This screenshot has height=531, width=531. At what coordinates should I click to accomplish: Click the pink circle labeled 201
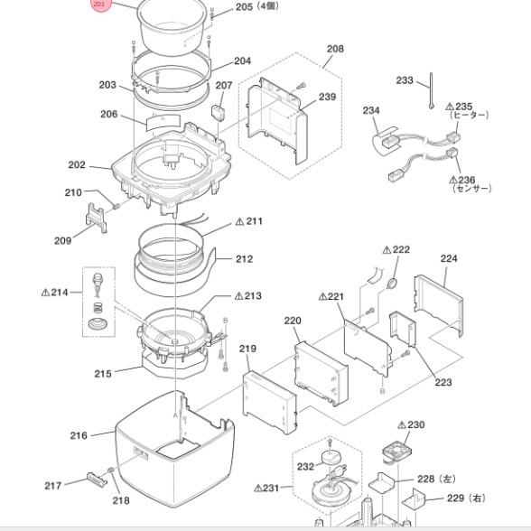click(x=100, y=5)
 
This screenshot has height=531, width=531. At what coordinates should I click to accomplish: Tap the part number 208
click(x=335, y=49)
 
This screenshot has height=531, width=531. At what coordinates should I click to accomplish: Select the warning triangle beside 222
click(x=387, y=250)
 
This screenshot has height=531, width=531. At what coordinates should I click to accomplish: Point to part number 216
click(x=79, y=435)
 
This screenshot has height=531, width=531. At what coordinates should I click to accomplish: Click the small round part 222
click(x=392, y=284)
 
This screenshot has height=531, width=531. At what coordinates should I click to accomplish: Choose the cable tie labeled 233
click(x=432, y=90)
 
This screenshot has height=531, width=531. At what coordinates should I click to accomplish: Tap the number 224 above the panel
click(x=449, y=258)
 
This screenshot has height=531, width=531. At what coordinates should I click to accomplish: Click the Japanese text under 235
click(x=469, y=116)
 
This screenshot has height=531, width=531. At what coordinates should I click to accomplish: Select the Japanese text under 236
click(x=471, y=188)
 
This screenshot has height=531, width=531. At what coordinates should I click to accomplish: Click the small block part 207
click(x=217, y=113)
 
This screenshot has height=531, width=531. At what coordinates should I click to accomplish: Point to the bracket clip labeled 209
click(x=97, y=218)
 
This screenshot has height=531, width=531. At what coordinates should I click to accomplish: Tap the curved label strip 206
click(x=163, y=123)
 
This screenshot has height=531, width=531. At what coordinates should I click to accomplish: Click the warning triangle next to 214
click(x=45, y=293)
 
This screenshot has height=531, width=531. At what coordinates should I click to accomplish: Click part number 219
click(x=247, y=349)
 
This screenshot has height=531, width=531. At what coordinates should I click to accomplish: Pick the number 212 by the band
click(x=244, y=259)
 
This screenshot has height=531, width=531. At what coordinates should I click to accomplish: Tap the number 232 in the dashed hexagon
click(x=305, y=467)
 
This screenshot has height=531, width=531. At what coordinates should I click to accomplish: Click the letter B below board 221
click(x=383, y=391)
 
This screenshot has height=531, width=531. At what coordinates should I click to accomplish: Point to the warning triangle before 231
click(x=258, y=489)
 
